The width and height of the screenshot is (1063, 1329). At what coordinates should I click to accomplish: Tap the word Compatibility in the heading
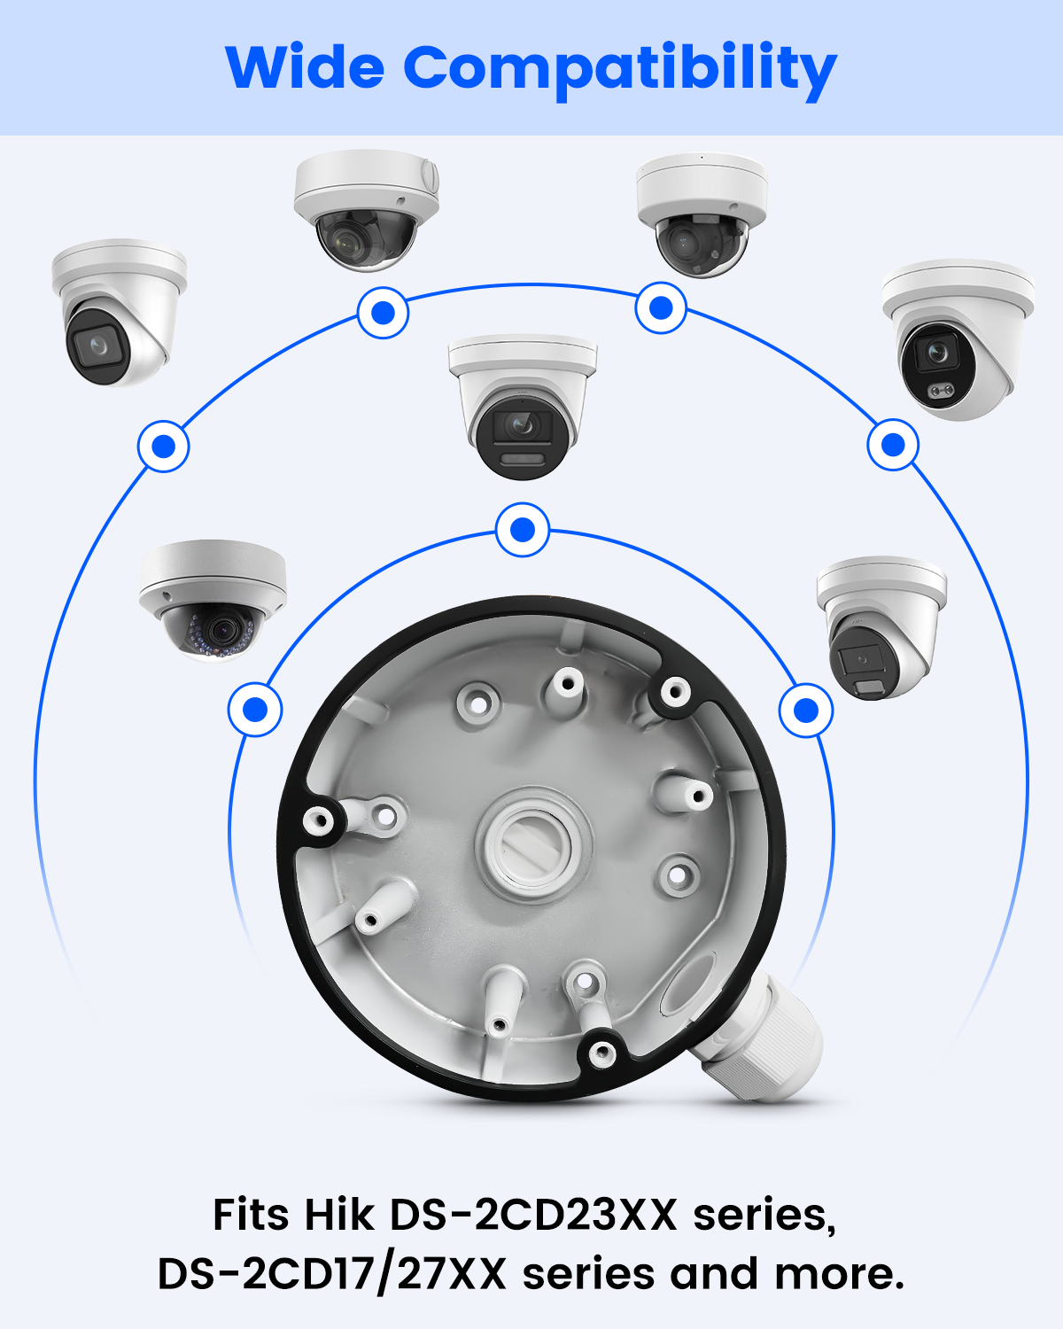point(620,71)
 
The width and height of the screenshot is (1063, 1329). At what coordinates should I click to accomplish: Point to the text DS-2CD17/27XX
point(332,1274)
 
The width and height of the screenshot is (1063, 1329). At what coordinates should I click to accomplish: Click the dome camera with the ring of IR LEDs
point(213,601)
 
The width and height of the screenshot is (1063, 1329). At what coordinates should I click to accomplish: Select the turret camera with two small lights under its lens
point(958,339)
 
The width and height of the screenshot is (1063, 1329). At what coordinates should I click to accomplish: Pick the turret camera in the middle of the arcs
point(523,407)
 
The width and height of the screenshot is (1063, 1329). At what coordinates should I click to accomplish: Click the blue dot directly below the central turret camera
point(524,530)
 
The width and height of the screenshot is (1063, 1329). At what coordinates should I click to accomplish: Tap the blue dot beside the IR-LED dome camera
point(255,710)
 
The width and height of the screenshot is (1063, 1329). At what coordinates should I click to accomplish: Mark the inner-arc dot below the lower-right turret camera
point(806,711)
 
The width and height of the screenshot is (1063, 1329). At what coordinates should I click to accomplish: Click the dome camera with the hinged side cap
point(366,210)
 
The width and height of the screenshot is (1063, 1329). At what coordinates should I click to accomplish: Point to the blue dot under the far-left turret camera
point(164,447)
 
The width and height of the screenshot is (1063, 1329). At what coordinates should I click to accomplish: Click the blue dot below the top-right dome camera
point(661,307)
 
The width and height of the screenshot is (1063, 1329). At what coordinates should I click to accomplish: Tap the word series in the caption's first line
point(764,1216)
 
